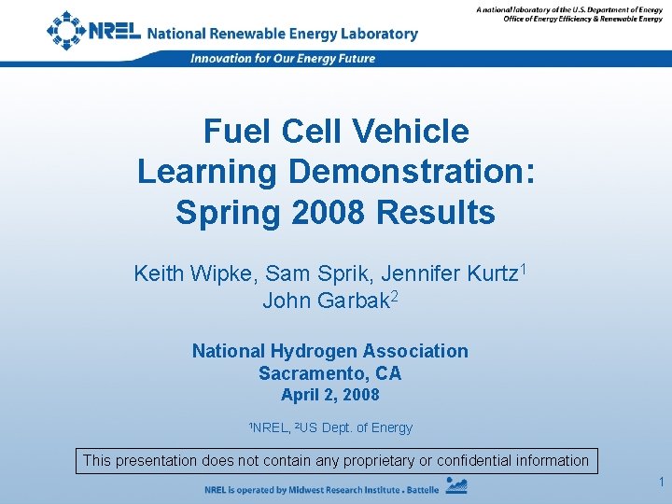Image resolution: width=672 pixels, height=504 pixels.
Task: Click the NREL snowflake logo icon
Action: click(65, 31)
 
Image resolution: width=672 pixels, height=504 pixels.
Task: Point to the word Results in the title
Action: click(435, 213)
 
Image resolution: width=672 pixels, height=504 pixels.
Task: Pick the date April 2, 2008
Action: click(330, 395)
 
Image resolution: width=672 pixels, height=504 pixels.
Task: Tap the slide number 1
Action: click(659, 482)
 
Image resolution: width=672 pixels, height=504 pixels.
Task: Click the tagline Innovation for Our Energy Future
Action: click(283, 58)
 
